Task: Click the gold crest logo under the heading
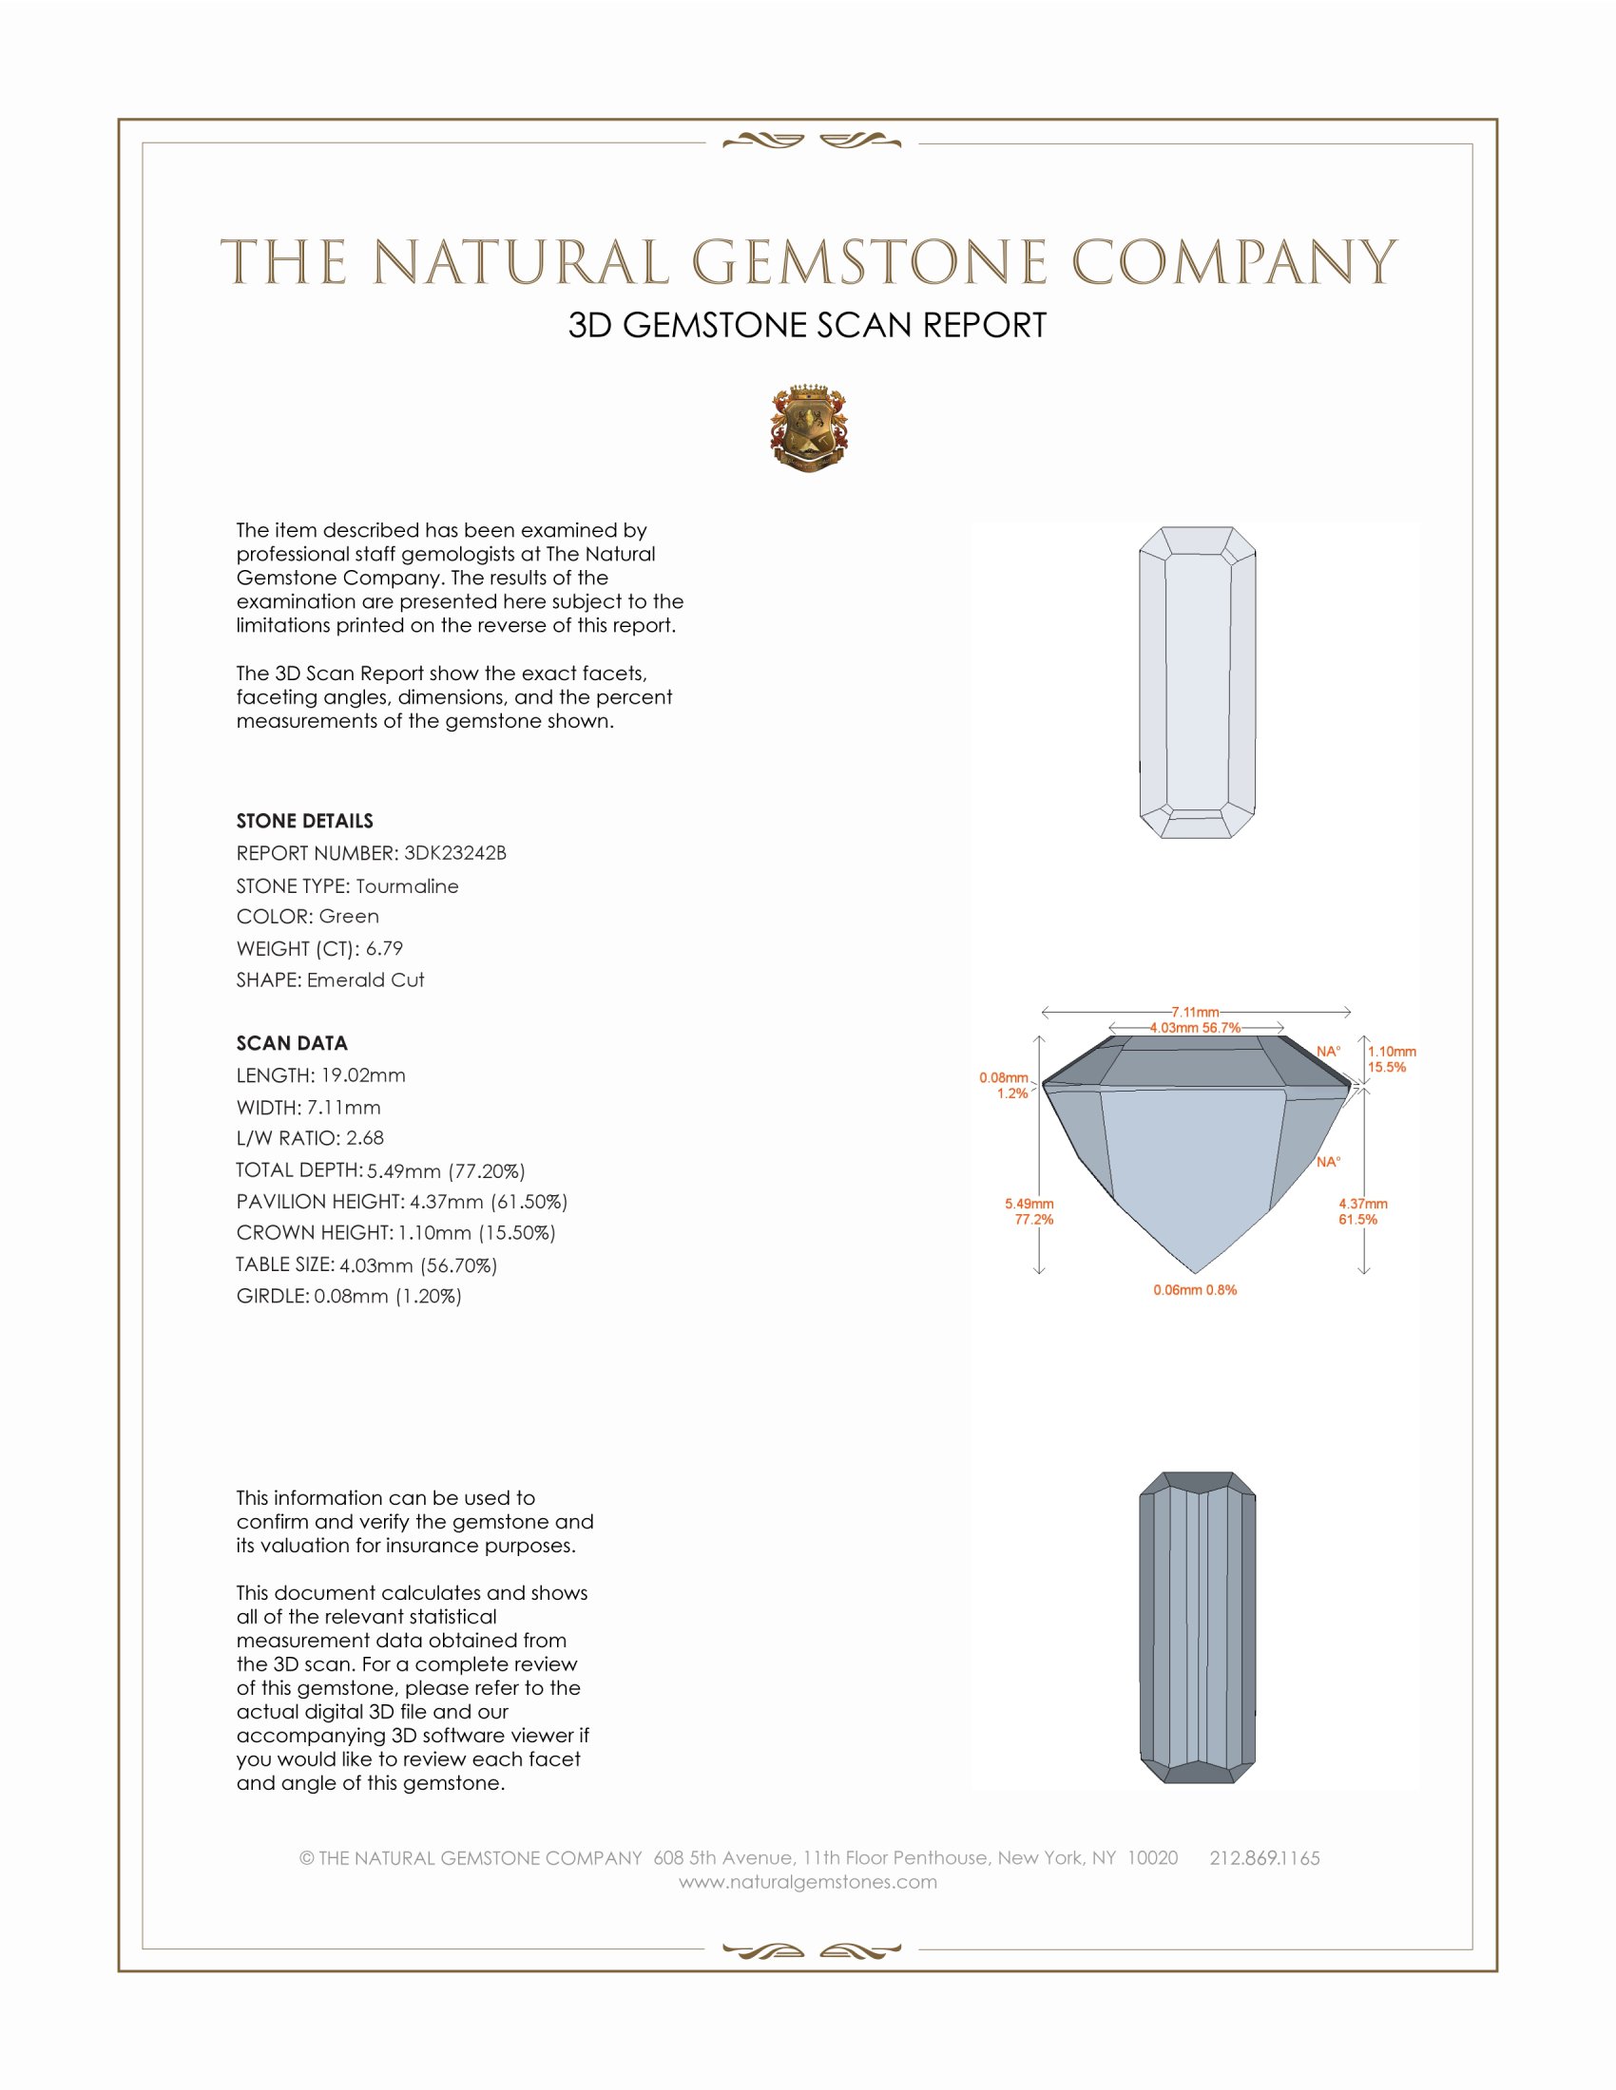[x=809, y=429]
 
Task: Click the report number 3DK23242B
[x=454, y=853]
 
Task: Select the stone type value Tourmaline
[x=407, y=886]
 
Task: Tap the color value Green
[x=349, y=916]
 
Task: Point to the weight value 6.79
[x=384, y=948]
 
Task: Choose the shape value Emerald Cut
[x=365, y=980]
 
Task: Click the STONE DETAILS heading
[x=304, y=821]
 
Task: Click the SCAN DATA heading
[x=292, y=1043]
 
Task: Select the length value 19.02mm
[x=363, y=1075]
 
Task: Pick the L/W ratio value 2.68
[x=364, y=1138]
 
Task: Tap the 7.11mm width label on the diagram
[x=1195, y=1012]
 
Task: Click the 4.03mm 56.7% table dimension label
[x=1195, y=1028]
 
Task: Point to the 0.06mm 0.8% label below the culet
[x=1195, y=1290]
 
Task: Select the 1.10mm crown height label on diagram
[x=1391, y=1052]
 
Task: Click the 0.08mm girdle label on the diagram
[x=1003, y=1078]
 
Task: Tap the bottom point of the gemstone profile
[x=1196, y=1273]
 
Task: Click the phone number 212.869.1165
[x=1263, y=1858]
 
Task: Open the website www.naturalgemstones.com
[x=808, y=1882]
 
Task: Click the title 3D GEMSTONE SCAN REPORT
[x=807, y=325]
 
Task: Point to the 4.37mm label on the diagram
[x=1362, y=1204]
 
